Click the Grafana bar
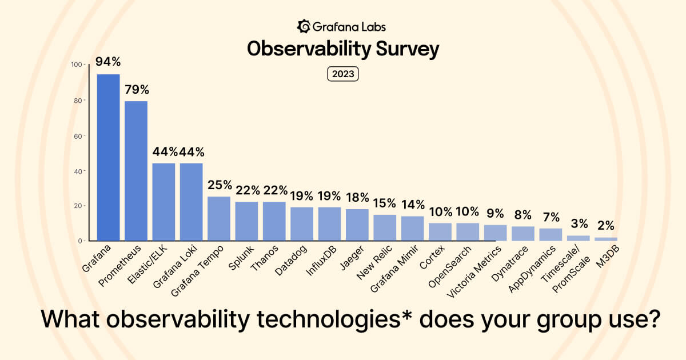[x=108, y=157]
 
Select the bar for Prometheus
[x=136, y=170]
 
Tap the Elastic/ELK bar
[x=163, y=202]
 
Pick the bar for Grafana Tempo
[x=219, y=218]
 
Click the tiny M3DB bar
[x=606, y=239]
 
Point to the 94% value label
[x=108, y=62]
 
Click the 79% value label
[x=137, y=89]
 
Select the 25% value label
[x=220, y=185]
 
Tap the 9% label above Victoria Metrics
[x=495, y=213]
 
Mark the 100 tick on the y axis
[x=75, y=65]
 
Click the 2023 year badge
[x=342, y=74]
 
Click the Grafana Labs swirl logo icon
[x=304, y=26]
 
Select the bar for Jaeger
[x=357, y=225]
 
